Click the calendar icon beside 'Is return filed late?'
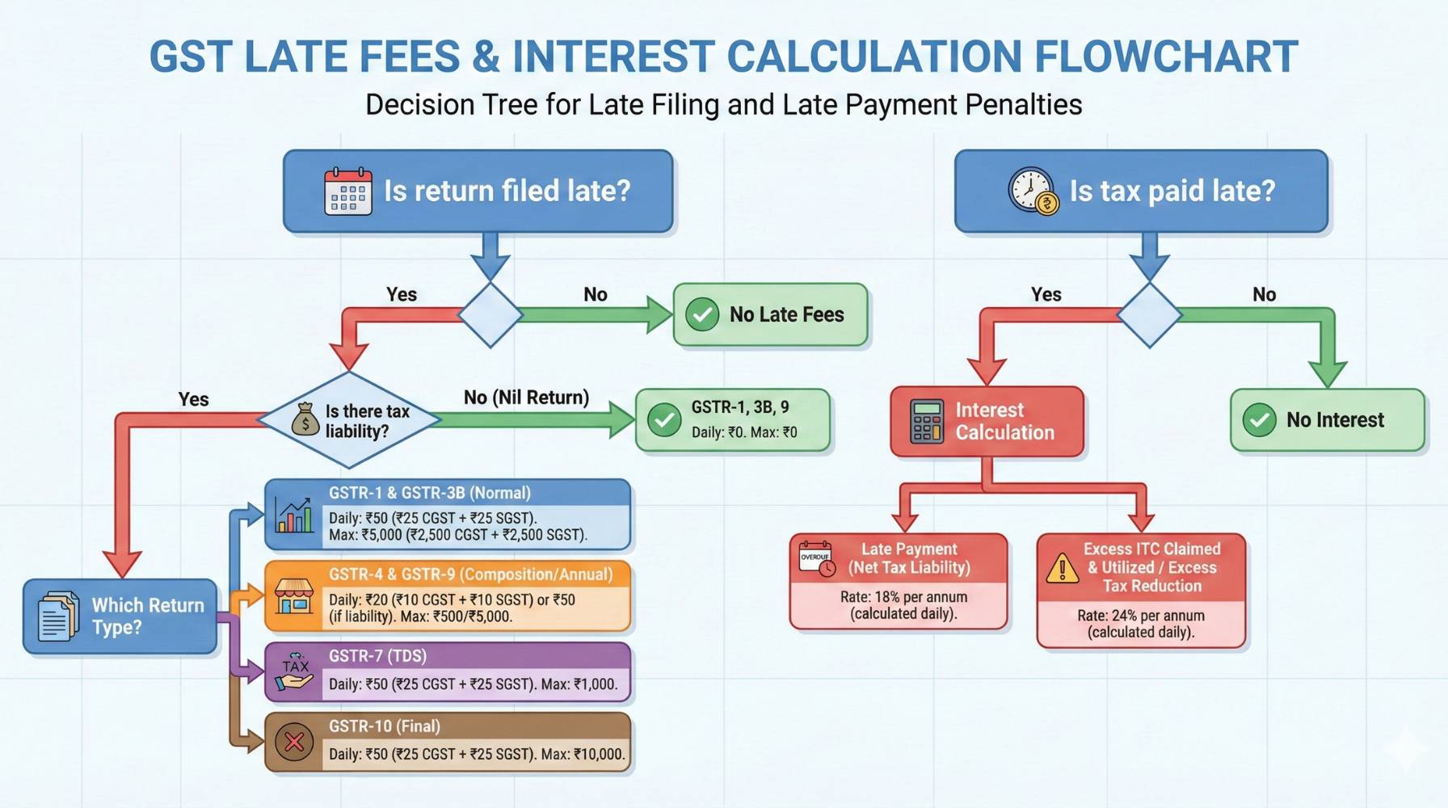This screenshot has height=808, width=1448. point(347,191)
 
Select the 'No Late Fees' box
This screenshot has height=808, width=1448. point(770,314)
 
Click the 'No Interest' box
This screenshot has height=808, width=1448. point(1327,420)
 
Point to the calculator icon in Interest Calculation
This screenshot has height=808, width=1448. point(926,421)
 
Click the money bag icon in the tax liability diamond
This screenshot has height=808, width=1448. point(305,419)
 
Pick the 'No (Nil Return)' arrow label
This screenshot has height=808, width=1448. point(526,398)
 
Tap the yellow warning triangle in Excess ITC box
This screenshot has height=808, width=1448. point(1062,568)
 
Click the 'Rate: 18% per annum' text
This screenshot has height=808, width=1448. point(903,597)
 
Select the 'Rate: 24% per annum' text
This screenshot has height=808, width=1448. point(1141,616)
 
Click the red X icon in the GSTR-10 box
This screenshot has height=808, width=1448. point(294,742)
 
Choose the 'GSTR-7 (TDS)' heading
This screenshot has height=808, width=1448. point(377,656)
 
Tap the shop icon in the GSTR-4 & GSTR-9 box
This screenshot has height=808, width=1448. point(293,596)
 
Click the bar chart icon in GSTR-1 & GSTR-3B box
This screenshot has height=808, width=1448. point(293,515)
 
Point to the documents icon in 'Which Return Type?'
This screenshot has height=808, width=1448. point(57,617)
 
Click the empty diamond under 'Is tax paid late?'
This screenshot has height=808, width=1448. point(1149,315)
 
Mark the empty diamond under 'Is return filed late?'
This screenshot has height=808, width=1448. point(490,315)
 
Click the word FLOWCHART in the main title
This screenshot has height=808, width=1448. point(1166,57)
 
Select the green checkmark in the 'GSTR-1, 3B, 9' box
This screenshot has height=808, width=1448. point(664,420)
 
